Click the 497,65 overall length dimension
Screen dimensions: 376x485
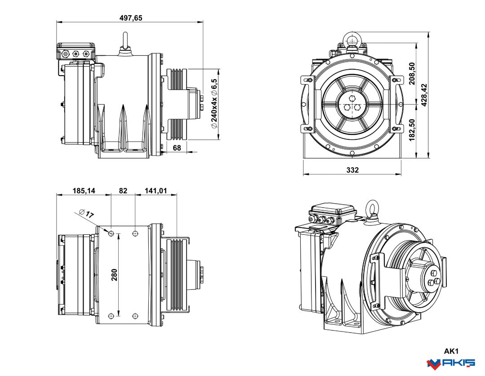coord(131,18)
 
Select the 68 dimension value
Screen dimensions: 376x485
coord(177,148)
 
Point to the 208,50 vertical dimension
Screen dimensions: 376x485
coord(412,73)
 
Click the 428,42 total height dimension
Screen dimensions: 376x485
coord(424,95)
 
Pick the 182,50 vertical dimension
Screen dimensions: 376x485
coord(412,130)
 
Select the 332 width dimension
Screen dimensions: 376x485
coord(352,170)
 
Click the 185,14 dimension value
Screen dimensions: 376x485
coord(84,191)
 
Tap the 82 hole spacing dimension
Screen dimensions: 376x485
coord(123,191)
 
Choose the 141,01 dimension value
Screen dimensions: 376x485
coord(156,191)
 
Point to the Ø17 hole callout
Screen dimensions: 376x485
coord(86,213)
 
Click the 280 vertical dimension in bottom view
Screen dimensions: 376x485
coord(114,274)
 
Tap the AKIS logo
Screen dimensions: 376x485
coord(450,363)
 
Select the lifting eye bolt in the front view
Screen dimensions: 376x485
coord(352,40)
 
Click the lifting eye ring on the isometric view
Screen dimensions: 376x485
coord(372,208)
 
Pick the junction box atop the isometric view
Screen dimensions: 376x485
coord(333,213)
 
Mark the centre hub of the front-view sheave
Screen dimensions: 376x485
coord(352,105)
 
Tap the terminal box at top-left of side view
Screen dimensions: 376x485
coord(76,52)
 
